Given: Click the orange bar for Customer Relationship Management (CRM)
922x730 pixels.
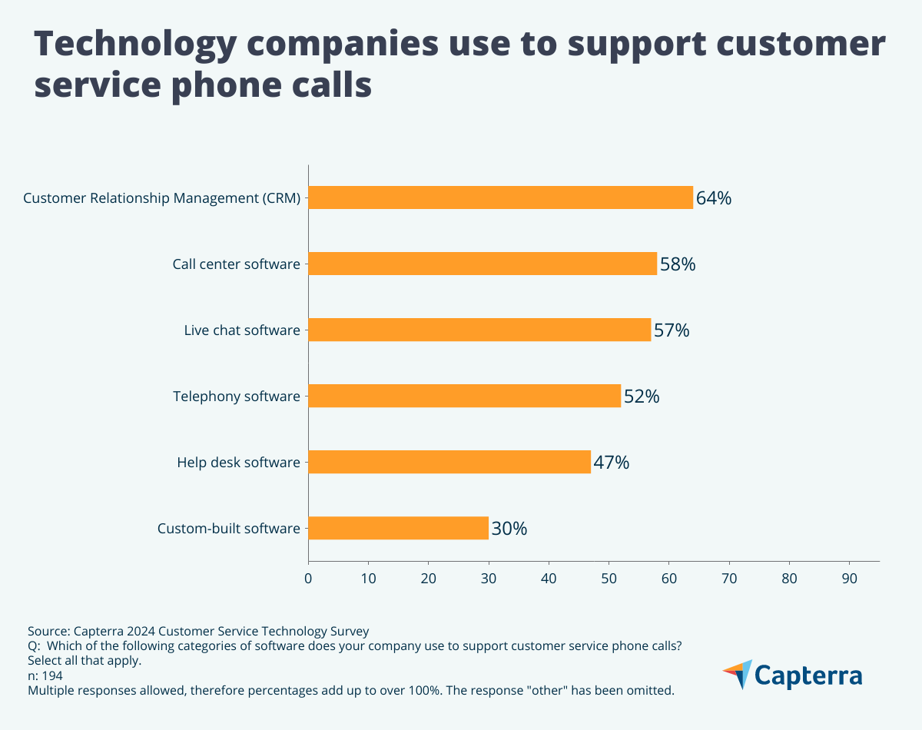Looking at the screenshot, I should (x=500, y=197).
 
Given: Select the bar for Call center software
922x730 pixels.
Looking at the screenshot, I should (x=483, y=264).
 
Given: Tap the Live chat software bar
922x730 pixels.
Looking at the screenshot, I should (x=479, y=330).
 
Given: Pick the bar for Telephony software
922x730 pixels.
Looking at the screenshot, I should (x=464, y=396).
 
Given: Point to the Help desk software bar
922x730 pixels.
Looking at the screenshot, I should (x=449, y=462).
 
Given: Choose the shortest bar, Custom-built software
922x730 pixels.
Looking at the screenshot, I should (x=398, y=528).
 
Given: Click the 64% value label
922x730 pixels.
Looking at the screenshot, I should (x=713, y=198).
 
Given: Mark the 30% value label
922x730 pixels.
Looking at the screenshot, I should (x=509, y=529).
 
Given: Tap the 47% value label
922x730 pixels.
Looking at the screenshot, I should (x=611, y=463).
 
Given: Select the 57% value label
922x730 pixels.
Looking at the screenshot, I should (x=671, y=330).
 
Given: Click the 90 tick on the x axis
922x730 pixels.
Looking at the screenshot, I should (x=849, y=578).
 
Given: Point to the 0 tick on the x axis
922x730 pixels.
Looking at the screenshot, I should (x=308, y=578).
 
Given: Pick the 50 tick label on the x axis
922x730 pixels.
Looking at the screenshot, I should (x=609, y=578).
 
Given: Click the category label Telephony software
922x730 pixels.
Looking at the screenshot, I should (x=236, y=397).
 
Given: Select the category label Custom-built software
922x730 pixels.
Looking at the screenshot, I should (x=228, y=529).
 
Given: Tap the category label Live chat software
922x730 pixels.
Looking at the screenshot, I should (x=241, y=330).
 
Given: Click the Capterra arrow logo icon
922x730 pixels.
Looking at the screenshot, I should (x=738, y=674).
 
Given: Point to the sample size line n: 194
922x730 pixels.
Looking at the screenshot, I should (x=45, y=675).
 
